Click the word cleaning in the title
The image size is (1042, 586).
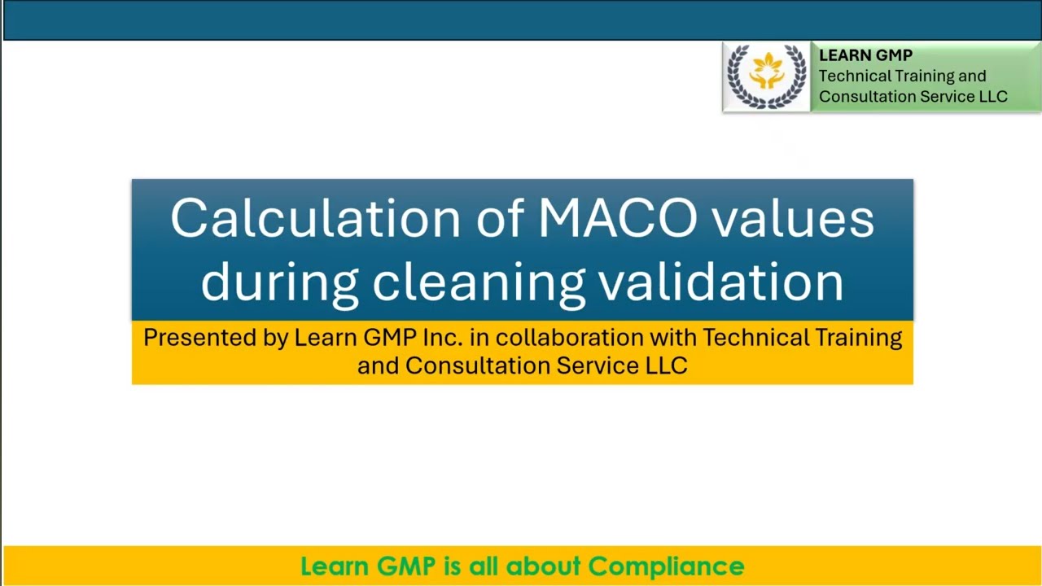478,282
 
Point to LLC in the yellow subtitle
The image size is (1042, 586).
667,365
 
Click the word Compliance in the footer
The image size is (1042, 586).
666,566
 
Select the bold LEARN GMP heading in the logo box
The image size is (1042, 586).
865,55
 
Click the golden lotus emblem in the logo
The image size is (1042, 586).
766,72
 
